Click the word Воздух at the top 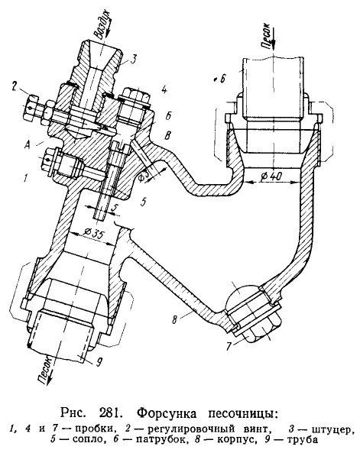102,24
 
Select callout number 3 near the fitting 132,60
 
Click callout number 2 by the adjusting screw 15,86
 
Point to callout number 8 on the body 174,319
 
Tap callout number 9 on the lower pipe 99,361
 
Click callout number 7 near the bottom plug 229,346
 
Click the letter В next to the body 167,135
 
